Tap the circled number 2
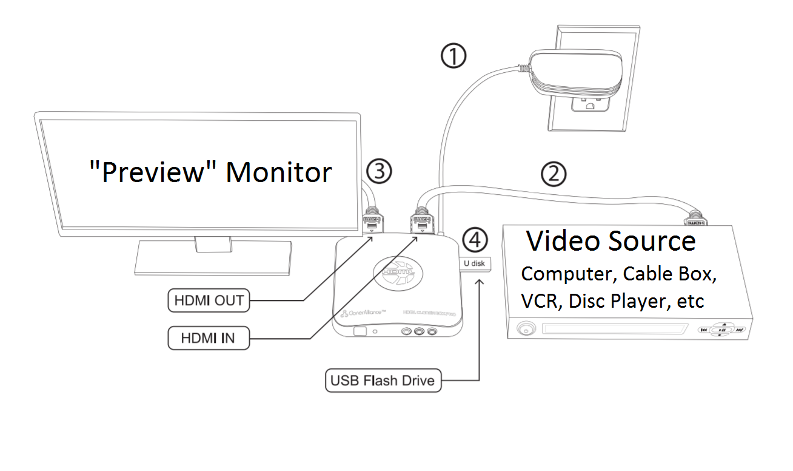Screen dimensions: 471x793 [x=553, y=174]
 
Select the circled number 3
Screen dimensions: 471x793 [x=380, y=172]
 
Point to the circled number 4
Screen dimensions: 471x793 [x=475, y=240]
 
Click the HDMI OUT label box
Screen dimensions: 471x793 [x=209, y=300]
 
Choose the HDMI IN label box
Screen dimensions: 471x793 [x=208, y=338]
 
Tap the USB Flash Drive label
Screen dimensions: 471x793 [x=383, y=381]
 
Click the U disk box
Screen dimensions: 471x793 [x=475, y=264]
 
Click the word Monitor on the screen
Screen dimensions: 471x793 [x=279, y=172]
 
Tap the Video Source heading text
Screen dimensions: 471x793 [x=611, y=241]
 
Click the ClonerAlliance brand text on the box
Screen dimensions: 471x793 [x=364, y=313]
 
